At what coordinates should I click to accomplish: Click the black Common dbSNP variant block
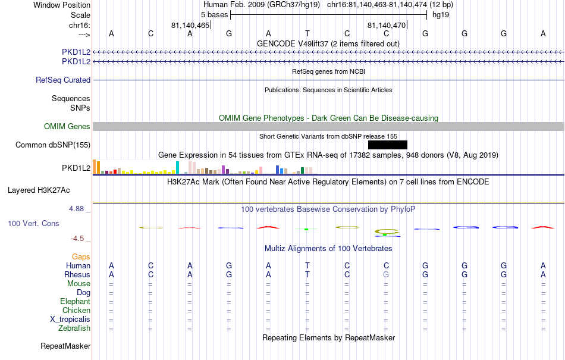[388, 145]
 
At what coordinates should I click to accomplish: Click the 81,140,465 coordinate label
[190, 25]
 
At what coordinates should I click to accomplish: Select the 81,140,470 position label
[387, 25]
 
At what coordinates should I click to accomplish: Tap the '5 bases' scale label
[214, 15]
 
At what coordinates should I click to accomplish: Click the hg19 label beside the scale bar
[441, 15]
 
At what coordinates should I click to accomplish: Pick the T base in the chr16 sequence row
[307, 33]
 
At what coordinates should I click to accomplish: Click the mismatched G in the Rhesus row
[386, 274]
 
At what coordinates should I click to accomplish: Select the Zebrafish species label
[74, 328]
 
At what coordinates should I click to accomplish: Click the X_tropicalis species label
[70, 320]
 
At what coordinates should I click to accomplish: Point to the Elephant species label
[75, 301]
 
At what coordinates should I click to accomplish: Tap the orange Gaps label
[81, 256]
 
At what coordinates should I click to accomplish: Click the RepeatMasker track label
[65, 346]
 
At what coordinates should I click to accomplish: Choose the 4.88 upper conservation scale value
[76, 209]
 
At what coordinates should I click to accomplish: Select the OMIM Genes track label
[67, 127]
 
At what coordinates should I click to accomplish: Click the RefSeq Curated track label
[63, 80]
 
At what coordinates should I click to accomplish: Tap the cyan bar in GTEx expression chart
[177, 168]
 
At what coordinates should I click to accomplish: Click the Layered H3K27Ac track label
[39, 190]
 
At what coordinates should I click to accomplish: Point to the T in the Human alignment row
[307, 265]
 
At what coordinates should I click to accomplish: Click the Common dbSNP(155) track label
[53, 145]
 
